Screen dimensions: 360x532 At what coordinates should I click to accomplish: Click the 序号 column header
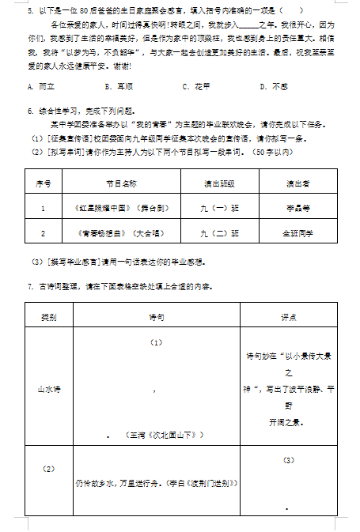point(42,183)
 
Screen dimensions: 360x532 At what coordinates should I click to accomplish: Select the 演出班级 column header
point(218,183)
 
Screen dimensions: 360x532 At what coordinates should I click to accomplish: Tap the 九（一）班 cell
point(218,209)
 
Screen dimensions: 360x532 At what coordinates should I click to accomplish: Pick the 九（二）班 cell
point(218,233)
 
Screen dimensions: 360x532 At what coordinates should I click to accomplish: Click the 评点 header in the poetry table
point(288,316)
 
